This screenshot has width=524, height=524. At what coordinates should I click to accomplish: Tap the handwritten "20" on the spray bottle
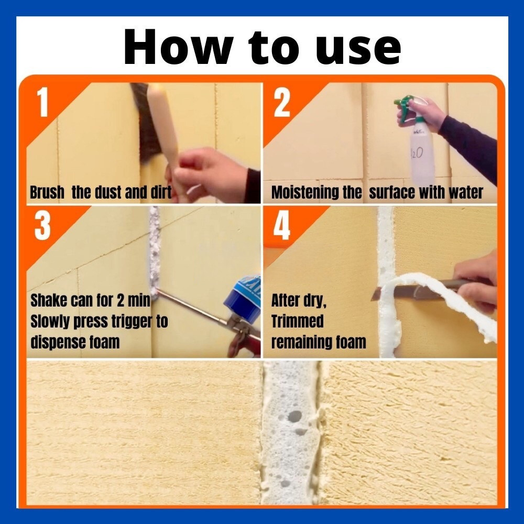(417, 153)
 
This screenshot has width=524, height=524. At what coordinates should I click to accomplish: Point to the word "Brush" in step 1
(47, 192)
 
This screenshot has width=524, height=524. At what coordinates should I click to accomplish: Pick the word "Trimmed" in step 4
(298, 321)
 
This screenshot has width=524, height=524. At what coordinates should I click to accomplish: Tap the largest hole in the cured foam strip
(294, 416)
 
